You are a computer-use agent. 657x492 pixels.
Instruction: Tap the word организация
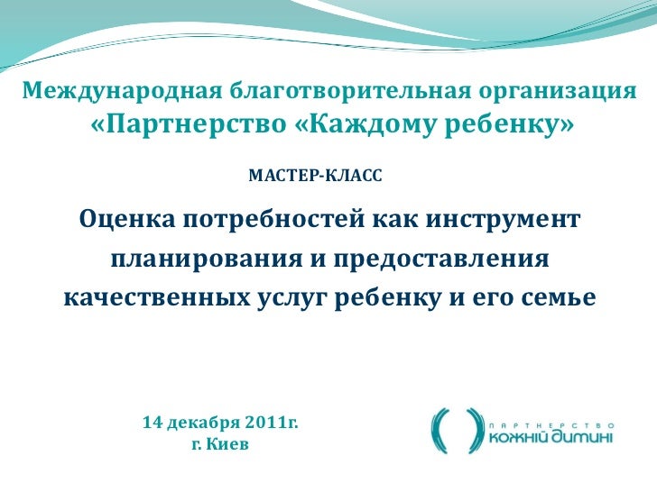556,91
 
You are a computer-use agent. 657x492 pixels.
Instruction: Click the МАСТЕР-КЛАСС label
315,171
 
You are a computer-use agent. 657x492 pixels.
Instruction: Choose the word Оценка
126,219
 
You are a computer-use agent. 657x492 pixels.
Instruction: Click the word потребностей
273,219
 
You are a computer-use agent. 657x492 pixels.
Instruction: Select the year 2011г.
269,422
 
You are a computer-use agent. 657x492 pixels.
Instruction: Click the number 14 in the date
153,422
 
